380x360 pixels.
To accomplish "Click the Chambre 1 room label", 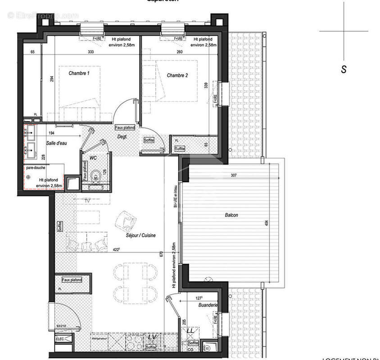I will point(79,73).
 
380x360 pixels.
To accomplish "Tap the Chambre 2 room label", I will point(177,75).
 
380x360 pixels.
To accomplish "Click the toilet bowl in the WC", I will point(95,175).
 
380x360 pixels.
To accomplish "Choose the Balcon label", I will point(231,215).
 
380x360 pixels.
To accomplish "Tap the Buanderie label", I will point(208,305).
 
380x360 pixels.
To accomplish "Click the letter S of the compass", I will point(344,69).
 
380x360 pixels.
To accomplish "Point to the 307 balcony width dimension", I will point(233,175).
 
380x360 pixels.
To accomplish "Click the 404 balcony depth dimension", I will point(266,224).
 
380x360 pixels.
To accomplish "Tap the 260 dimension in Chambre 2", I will point(179,53).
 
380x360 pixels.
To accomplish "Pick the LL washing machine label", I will point(190,331).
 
